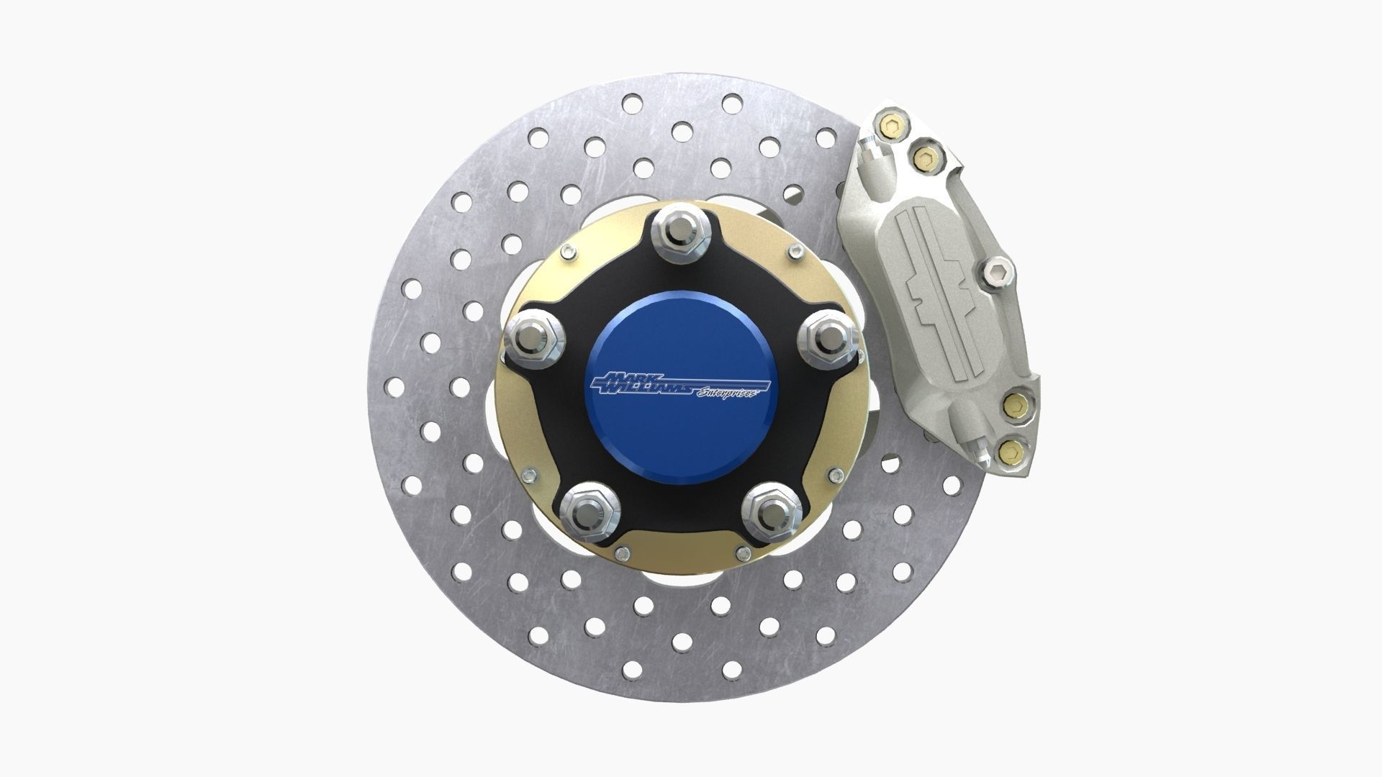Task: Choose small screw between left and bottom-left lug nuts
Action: tap(530, 474)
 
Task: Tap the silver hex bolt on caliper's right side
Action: tap(996, 272)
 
